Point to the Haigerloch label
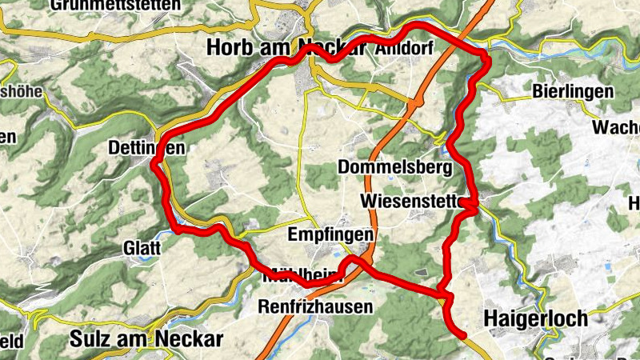point(536,318)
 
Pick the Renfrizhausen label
point(315,306)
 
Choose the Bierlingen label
point(574,91)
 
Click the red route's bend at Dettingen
point(155,163)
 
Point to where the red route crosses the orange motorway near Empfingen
point(365,265)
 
